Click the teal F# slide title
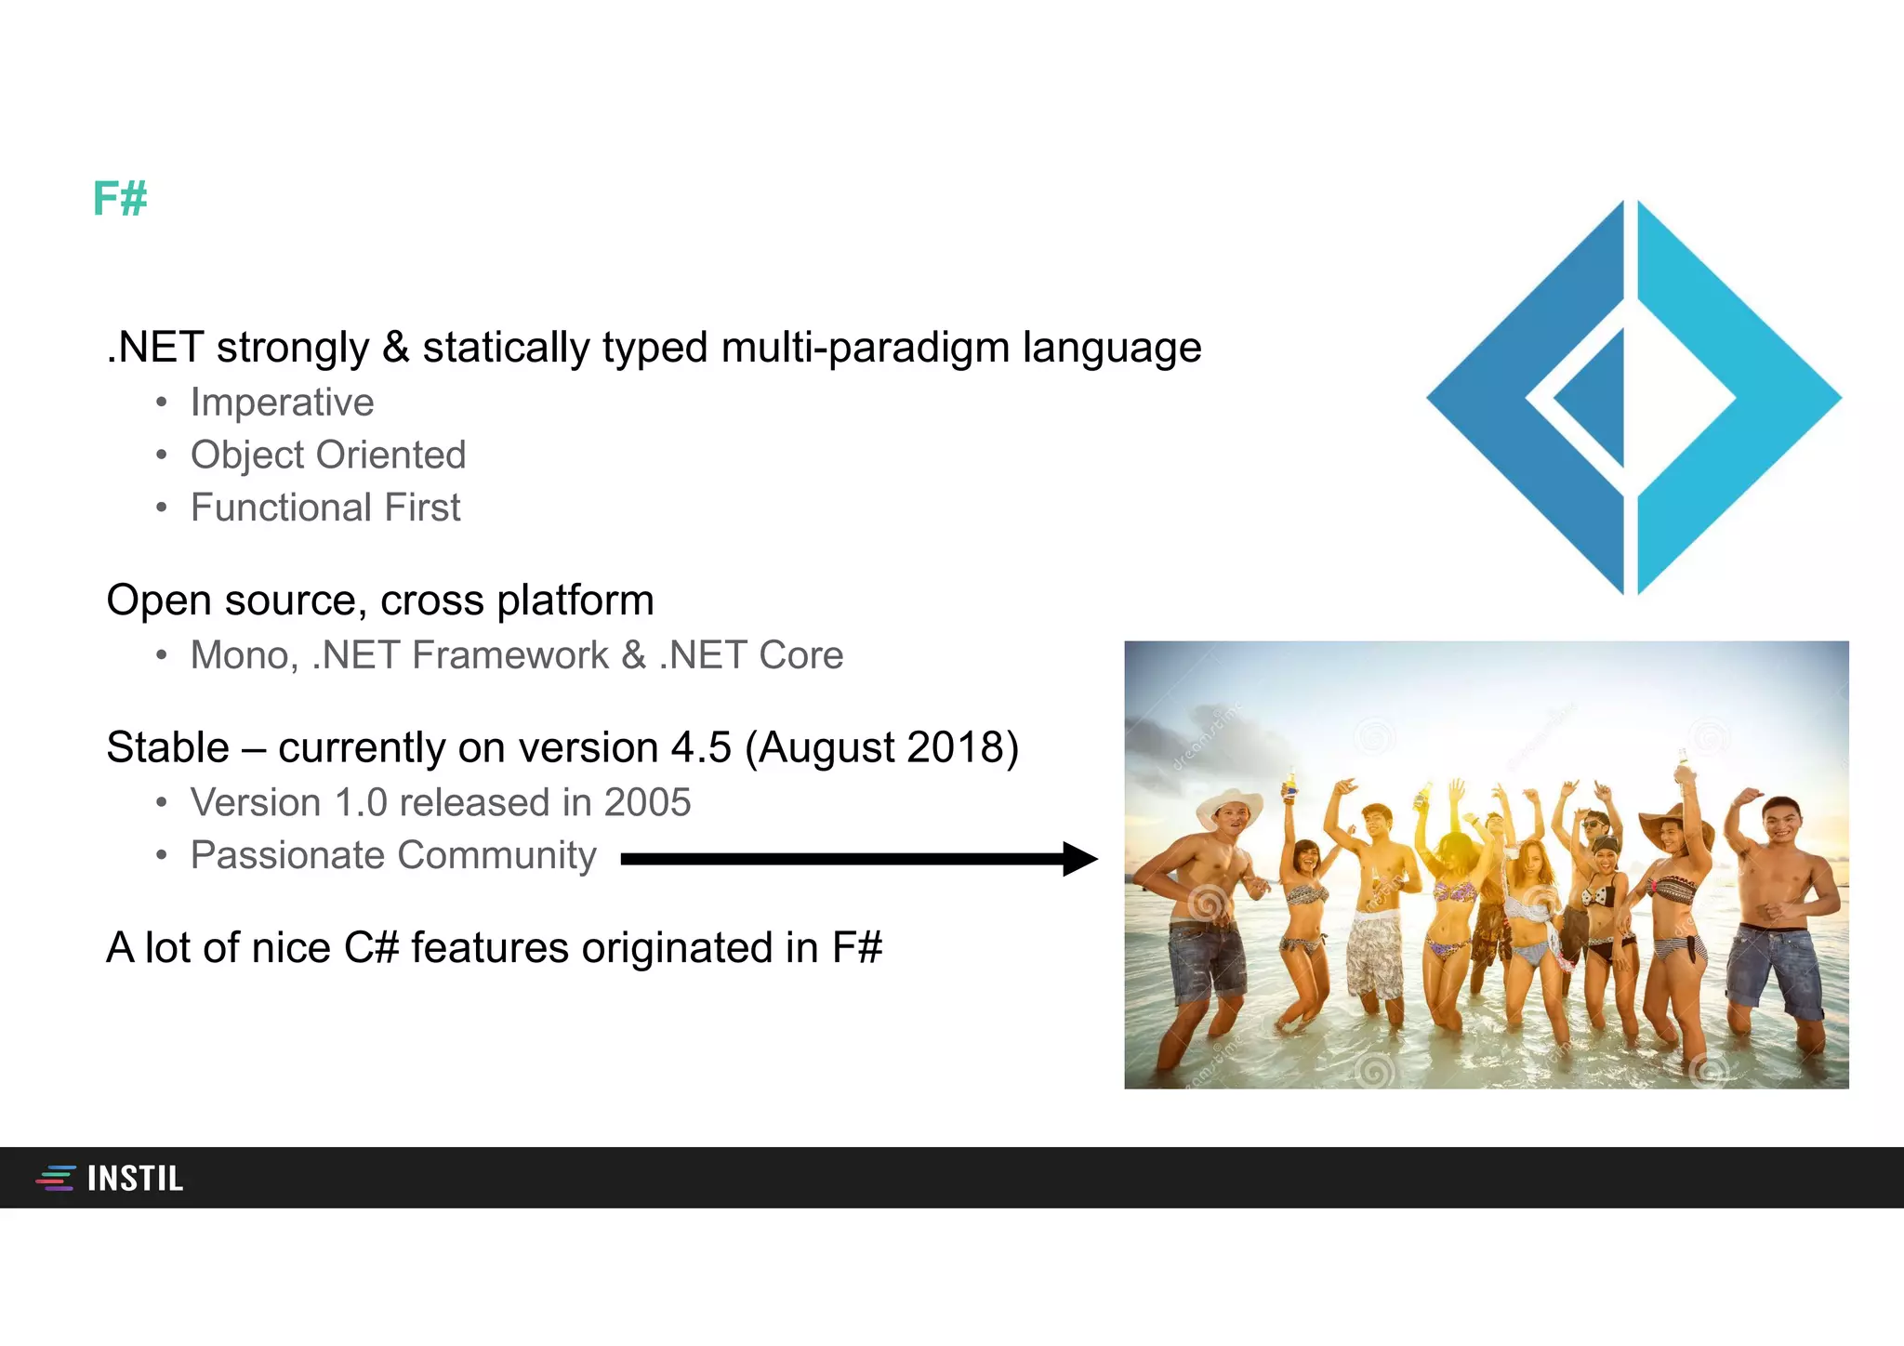coord(120,199)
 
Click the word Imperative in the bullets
coord(282,402)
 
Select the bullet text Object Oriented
coord(327,455)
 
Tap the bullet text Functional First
coord(324,508)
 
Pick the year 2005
coord(647,803)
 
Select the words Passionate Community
coord(392,856)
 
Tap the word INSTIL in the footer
coord(135,1179)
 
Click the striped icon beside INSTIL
coord(56,1179)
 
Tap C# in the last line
coord(371,949)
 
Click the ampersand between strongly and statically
coord(395,348)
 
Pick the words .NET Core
coord(750,656)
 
